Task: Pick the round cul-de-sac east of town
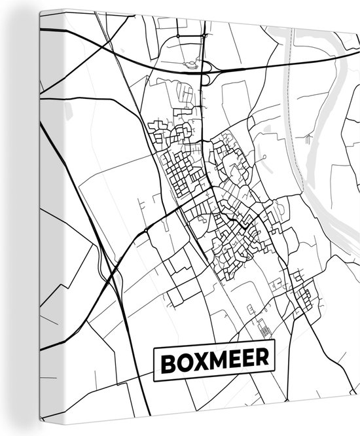click(263, 158)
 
